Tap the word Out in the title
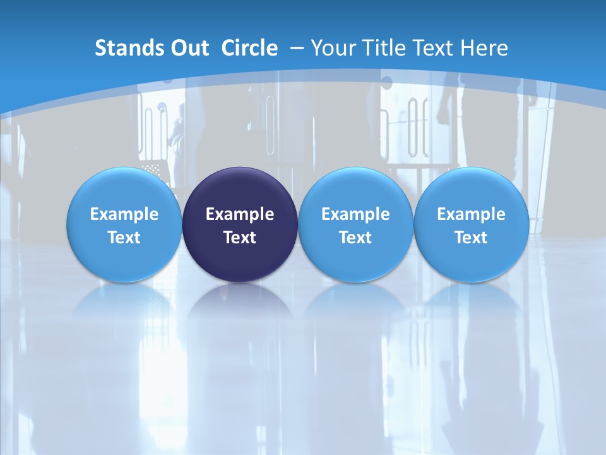(189, 48)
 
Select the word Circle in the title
(249, 48)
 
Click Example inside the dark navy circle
(240, 214)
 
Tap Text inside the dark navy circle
(240, 238)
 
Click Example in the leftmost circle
(124, 214)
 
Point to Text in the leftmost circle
(124, 238)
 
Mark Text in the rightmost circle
(472, 238)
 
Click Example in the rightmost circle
(472, 214)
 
